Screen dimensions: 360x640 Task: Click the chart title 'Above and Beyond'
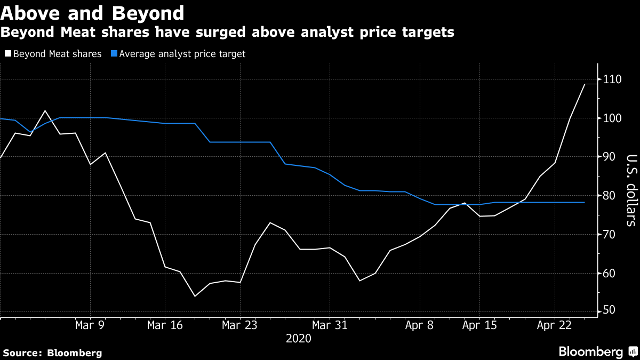click(x=93, y=12)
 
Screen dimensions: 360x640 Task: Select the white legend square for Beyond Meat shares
click(x=7, y=54)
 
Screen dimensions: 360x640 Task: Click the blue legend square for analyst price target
click(x=114, y=54)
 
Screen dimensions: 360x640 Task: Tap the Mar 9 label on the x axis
click(x=90, y=324)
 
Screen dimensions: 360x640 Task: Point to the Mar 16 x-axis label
click(x=164, y=324)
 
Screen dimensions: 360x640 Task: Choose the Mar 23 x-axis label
click(x=239, y=324)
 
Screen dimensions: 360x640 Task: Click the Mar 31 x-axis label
click(x=330, y=324)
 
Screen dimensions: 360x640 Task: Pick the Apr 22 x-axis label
click(x=555, y=324)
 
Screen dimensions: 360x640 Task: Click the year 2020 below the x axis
click(x=299, y=338)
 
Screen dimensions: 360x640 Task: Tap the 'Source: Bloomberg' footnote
click(x=52, y=353)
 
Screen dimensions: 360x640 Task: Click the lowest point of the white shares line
click(x=195, y=296)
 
